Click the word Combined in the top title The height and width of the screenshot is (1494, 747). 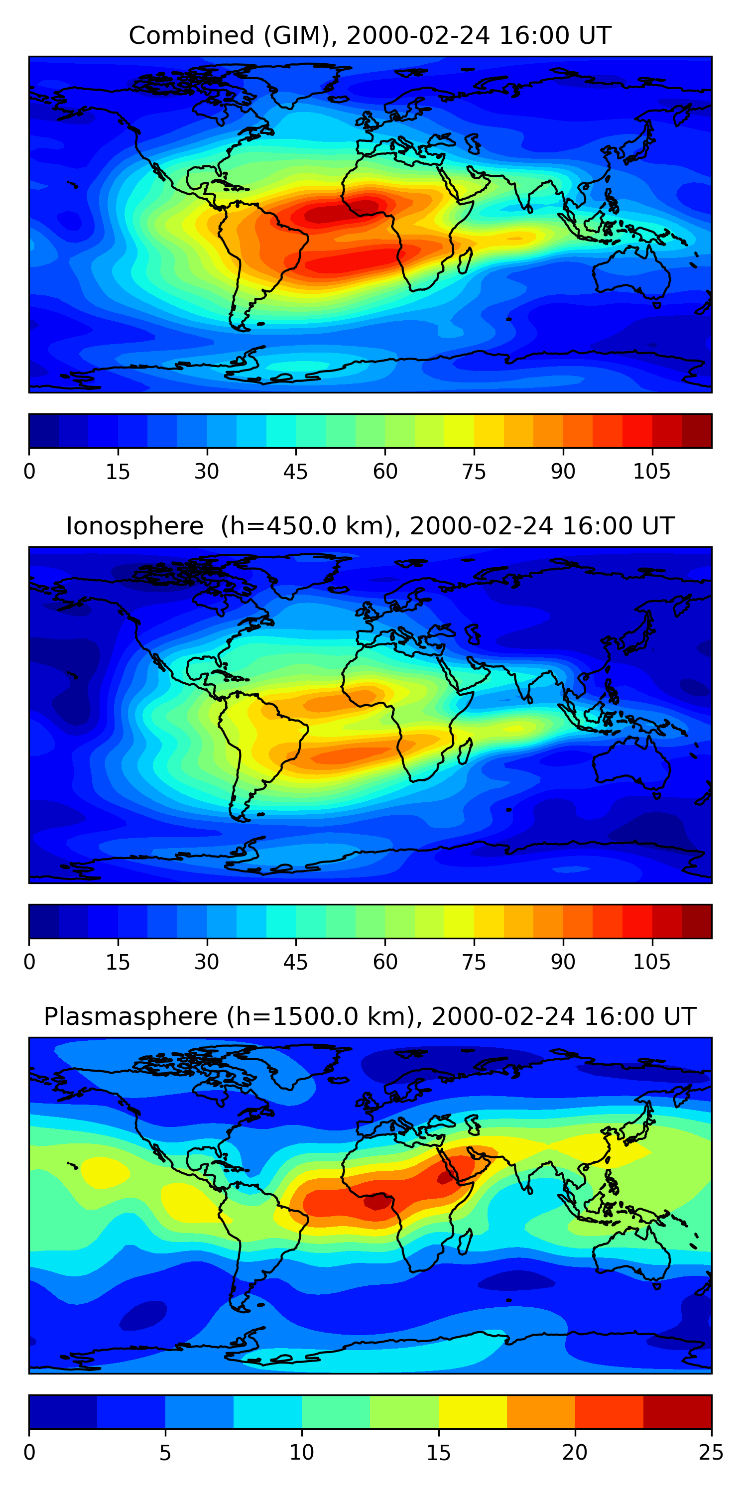[x=191, y=35]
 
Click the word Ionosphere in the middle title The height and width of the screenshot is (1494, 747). [x=134, y=526]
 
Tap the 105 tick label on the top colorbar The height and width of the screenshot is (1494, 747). [x=651, y=472]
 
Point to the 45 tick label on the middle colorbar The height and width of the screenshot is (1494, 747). [x=295, y=962]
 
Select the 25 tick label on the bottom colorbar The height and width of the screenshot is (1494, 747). [x=711, y=1452]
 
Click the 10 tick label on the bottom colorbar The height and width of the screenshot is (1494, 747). [x=302, y=1452]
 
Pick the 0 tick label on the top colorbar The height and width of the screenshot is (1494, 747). [x=29, y=472]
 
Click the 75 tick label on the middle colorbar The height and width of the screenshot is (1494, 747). [x=474, y=962]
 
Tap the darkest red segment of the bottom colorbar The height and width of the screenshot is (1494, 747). [x=677, y=1412]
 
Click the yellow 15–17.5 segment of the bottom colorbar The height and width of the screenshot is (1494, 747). [x=473, y=1412]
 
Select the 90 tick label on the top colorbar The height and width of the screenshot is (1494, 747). [x=563, y=472]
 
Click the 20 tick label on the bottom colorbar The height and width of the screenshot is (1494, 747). [x=575, y=1452]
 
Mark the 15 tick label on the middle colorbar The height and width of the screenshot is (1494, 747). [x=118, y=962]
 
